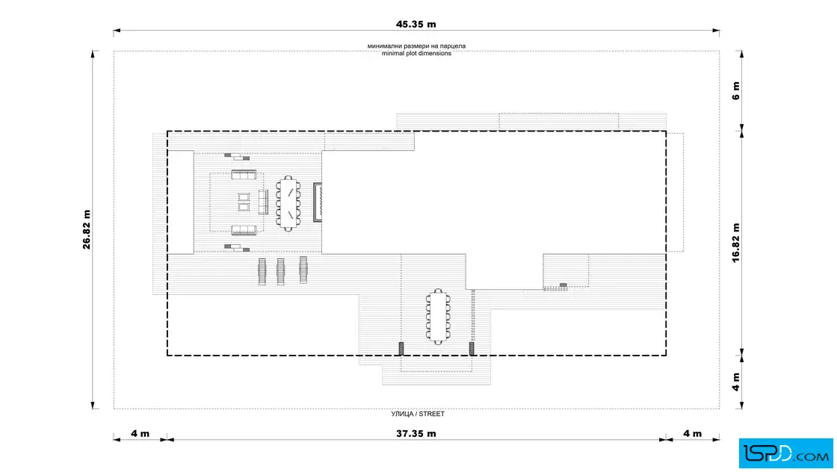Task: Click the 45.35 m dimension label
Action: click(x=416, y=24)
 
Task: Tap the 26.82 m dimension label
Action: click(x=87, y=229)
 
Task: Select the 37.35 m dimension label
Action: click(x=416, y=434)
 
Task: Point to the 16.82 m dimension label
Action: click(x=735, y=243)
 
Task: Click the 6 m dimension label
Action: click(x=735, y=90)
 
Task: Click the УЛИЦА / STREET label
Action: click(x=418, y=414)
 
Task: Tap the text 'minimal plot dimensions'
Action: click(x=416, y=53)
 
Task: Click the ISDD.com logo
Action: click(x=785, y=453)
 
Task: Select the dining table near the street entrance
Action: click(x=438, y=317)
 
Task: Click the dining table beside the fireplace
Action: click(x=288, y=203)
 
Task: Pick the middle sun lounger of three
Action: click(x=281, y=271)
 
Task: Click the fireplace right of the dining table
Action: click(x=318, y=202)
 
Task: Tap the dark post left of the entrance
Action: click(x=401, y=349)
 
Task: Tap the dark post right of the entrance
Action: click(x=472, y=349)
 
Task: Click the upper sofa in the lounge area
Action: click(x=244, y=175)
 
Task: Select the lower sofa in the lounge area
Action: click(x=244, y=231)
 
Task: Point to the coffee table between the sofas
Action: click(x=244, y=202)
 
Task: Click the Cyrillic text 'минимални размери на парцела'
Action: click(x=416, y=46)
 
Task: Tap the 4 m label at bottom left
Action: click(x=140, y=434)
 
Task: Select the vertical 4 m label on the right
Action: click(x=735, y=382)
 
